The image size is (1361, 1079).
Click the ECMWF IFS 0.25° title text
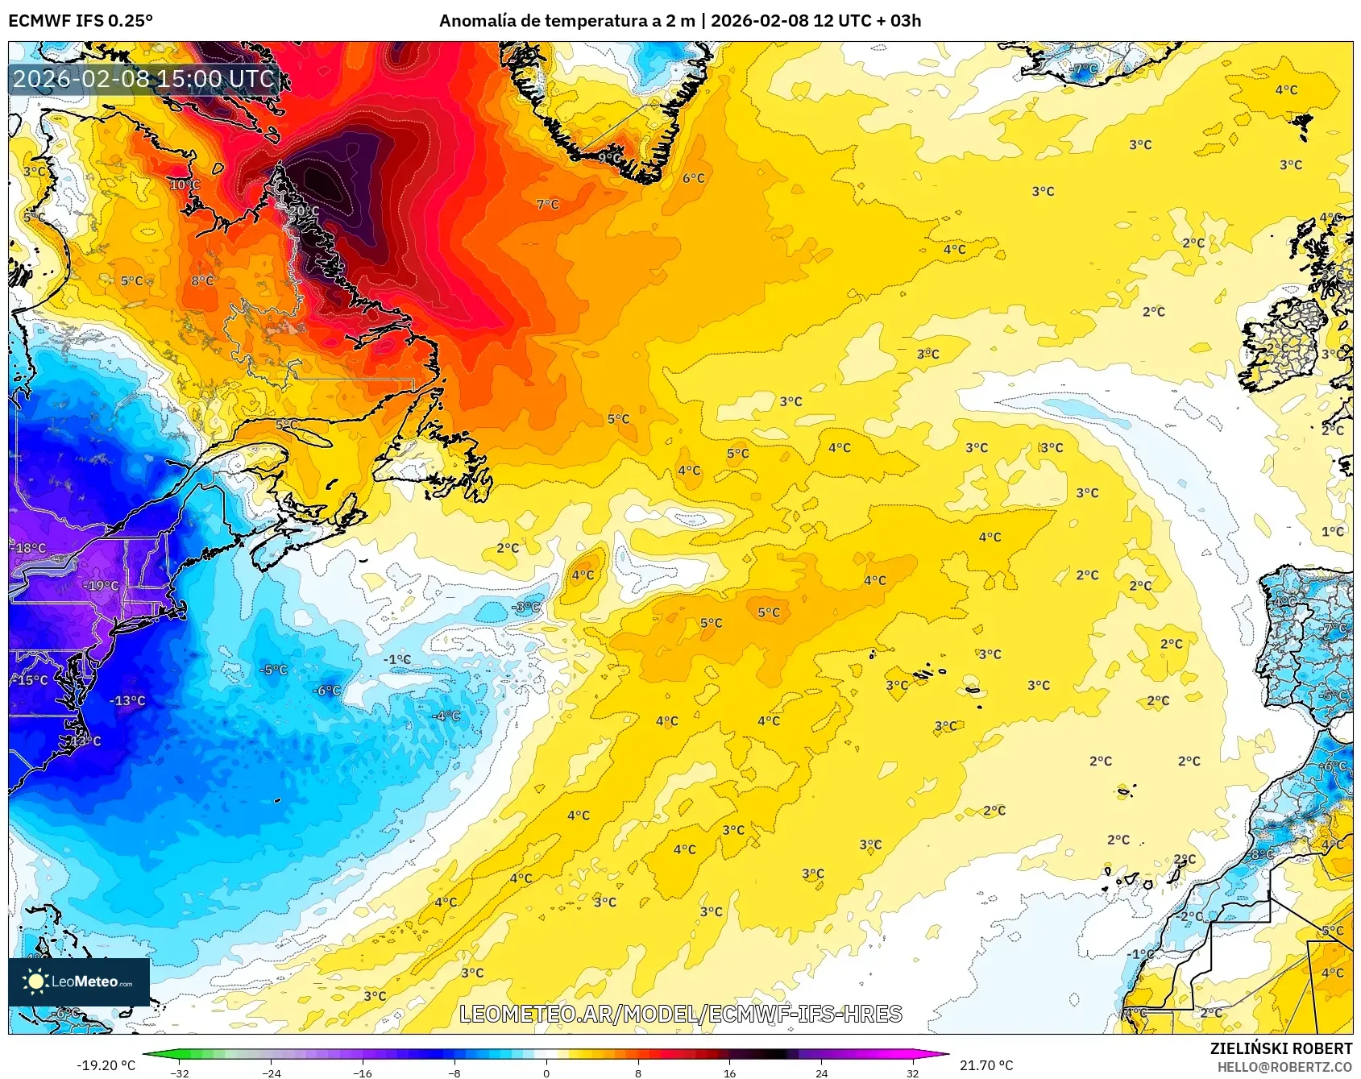[81, 20]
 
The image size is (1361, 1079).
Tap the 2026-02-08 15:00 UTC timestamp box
[143, 79]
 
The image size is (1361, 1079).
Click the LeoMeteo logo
[79, 981]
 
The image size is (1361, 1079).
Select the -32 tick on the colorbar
[180, 1073]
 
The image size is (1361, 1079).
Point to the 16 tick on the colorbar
[729, 1073]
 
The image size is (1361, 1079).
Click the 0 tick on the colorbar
[546, 1073]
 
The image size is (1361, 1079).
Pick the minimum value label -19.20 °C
[106, 1065]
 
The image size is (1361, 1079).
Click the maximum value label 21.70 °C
[985, 1065]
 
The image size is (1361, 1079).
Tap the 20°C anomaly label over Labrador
[304, 211]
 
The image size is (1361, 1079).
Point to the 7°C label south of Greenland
[547, 205]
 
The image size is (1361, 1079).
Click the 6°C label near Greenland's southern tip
[693, 178]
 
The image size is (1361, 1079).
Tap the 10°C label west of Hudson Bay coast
[185, 185]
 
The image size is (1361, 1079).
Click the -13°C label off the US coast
[127, 700]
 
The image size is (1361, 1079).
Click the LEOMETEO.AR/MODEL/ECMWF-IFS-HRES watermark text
[680, 1014]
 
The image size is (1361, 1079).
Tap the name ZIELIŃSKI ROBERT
[1280, 1048]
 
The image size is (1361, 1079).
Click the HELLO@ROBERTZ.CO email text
[1284, 1067]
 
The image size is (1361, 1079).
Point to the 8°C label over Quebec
[202, 280]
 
